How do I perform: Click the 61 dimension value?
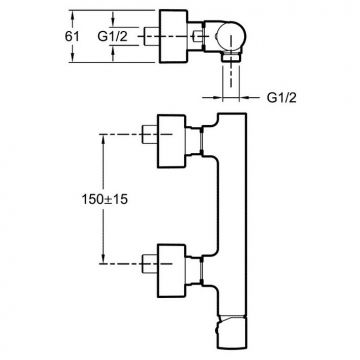click(x=72, y=36)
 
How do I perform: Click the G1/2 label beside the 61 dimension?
click(x=112, y=36)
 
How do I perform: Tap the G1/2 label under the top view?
click(x=282, y=98)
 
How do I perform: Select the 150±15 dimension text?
click(x=104, y=199)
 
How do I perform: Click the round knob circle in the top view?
click(x=231, y=37)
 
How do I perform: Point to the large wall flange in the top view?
click(x=174, y=36)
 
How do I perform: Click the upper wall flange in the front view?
click(x=171, y=141)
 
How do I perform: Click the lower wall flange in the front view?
click(x=171, y=270)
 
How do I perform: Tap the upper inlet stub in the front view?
click(x=149, y=134)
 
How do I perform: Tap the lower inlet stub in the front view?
click(x=149, y=264)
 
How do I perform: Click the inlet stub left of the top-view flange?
click(x=152, y=36)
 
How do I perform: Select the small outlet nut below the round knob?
click(x=231, y=57)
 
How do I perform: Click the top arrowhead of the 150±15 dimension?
click(x=103, y=138)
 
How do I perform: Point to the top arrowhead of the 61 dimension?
click(x=72, y=14)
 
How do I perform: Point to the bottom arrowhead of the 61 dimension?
click(x=72, y=59)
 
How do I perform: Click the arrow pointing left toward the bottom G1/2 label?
click(x=250, y=97)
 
